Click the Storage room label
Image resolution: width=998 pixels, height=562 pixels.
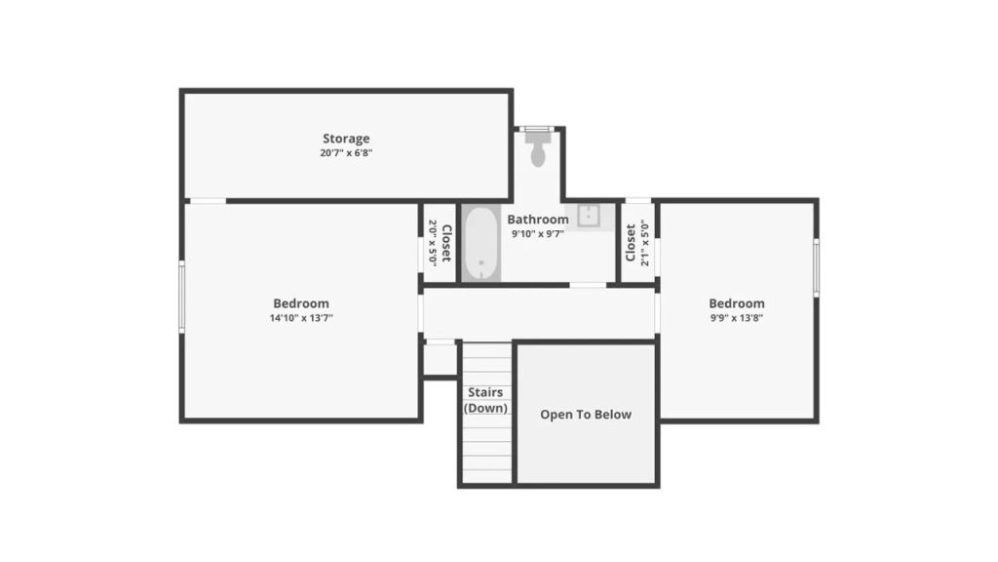346,139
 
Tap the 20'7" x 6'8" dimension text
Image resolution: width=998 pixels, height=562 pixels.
346,153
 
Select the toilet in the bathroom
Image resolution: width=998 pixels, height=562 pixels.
538,151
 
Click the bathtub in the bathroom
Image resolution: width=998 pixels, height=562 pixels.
480,243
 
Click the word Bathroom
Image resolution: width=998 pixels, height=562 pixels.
537,220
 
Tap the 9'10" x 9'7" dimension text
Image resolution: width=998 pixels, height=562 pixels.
537,234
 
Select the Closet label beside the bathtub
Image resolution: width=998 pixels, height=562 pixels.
446,243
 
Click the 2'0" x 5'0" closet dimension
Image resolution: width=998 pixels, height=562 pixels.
433,243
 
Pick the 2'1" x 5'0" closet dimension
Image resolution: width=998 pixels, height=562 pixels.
644,243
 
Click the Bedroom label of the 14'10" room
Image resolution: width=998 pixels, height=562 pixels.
301,303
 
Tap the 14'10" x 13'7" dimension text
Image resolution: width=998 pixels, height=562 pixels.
301,318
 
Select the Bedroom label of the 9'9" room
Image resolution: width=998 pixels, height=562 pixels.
736,303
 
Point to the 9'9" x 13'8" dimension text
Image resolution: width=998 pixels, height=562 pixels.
736,318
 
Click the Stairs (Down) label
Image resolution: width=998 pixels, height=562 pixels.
485,400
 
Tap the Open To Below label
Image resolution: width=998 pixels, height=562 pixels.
586,415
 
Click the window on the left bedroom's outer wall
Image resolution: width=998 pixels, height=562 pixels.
181,297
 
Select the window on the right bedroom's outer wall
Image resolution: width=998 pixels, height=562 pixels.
816,266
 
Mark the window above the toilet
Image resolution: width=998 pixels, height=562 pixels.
538,129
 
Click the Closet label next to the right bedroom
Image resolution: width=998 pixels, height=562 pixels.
631,243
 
